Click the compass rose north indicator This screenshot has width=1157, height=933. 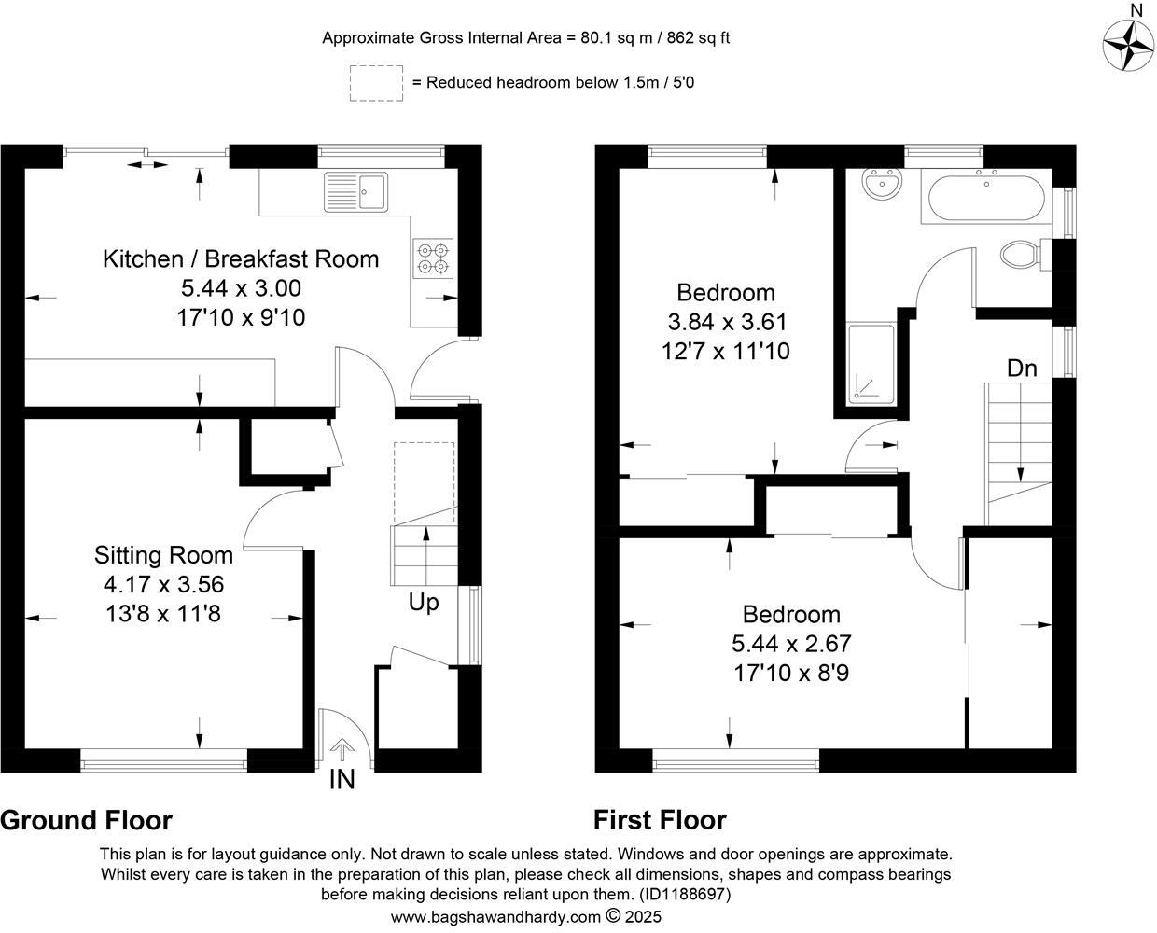pyautogui.click(x=1130, y=42)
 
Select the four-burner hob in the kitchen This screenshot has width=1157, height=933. pyautogui.click(x=432, y=258)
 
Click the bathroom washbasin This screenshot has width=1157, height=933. pyautogui.click(x=882, y=186)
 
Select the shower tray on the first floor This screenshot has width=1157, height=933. pyautogui.click(x=871, y=365)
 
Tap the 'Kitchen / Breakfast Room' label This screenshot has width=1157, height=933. pyautogui.click(x=241, y=258)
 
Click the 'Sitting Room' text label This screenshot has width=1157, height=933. pyautogui.click(x=164, y=555)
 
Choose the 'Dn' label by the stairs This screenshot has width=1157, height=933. pyautogui.click(x=1022, y=369)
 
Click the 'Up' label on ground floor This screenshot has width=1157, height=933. pyautogui.click(x=424, y=603)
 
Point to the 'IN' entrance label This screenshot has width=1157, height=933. pyautogui.click(x=342, y=780)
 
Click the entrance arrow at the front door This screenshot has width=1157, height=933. pyautogui.click(x=343, y=747)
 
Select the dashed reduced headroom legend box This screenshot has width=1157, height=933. pyautogui.click(x=376, y=83)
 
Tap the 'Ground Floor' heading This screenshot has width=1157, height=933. pyautogui.click(x=86, y=820)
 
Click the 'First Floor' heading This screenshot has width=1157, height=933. pyautogui.click(x=660, y=820)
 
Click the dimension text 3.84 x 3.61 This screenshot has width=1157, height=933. pyautogui.click(x=727, y=323)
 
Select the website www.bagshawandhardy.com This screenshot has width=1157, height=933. pyautogui.click(x=495, y=916)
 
